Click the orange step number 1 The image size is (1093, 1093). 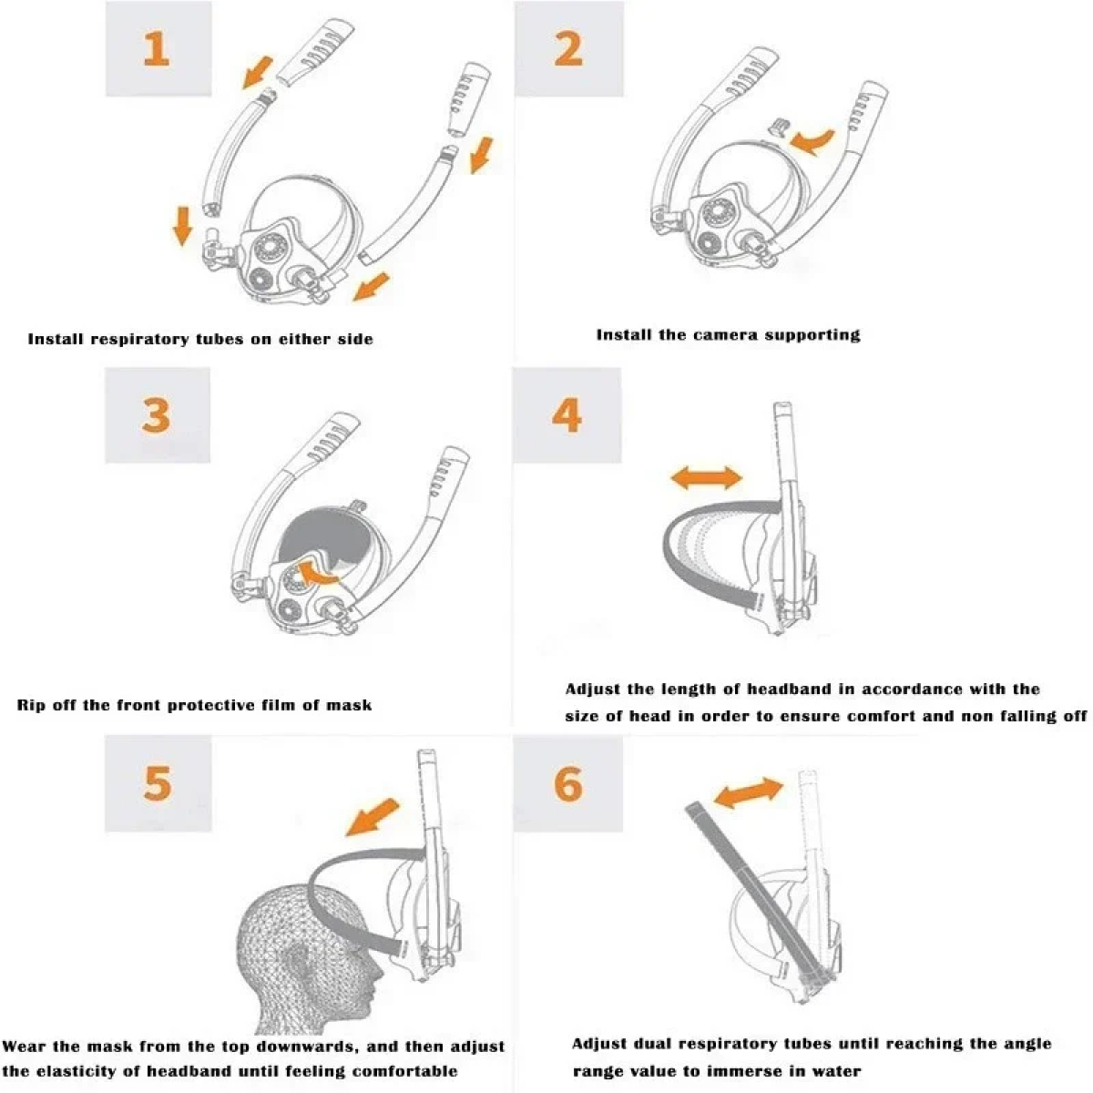[x=157, y=49]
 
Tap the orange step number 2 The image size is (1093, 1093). [x=567, y=49]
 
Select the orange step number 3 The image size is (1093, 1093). [x=156, y=415]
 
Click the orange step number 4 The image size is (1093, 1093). [x=567, y=415]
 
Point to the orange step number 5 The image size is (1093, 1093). [x=157, y=783]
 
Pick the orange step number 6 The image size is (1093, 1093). [x=567, y=783]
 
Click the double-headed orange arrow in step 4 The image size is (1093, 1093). [x=706, y=477]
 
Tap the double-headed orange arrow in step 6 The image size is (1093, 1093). [x=748, y=793]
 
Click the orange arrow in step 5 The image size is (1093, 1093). [x=373, y=817]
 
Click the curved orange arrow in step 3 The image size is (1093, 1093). [x=318, y=573]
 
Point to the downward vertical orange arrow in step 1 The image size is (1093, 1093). [x=182, y=226]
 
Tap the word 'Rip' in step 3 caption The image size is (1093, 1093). [x=31, y=706]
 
